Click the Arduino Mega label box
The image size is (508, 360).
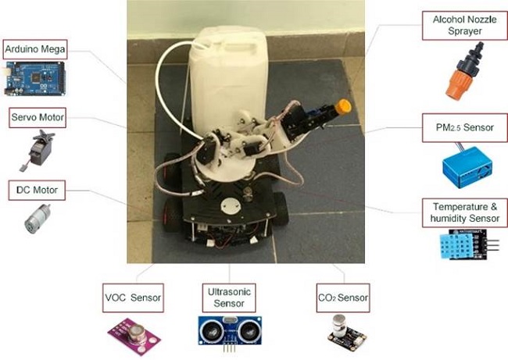34,48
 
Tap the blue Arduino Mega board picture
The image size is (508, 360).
35,78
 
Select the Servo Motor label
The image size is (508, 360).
37,118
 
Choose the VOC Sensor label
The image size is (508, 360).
133,297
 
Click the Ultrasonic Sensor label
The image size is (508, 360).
225,296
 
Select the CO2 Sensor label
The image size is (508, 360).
340,297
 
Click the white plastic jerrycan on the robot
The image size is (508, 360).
228,70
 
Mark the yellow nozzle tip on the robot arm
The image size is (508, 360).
342,107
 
